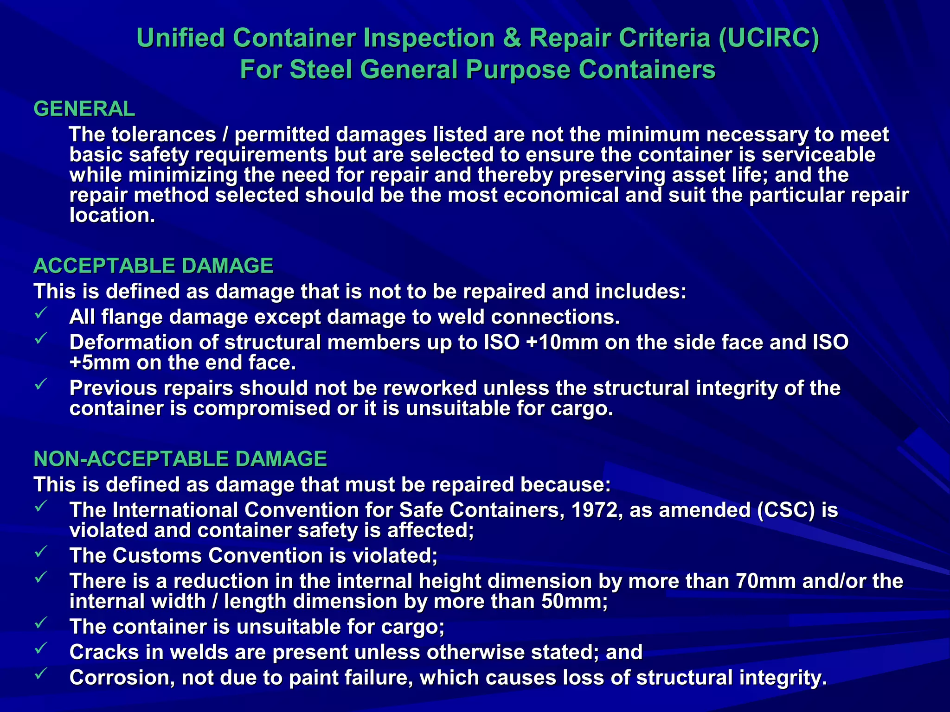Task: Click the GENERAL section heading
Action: pyautogui.click(x=84, y=109)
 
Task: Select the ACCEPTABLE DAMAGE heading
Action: pyautogui.click(x=153, y=266)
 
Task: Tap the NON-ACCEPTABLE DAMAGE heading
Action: pyautogui.click(x=180, y=459)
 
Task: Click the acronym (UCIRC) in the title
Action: pyautogui.click(x=769, y=38)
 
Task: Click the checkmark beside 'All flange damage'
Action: pyautogui.click(x=41, y=313)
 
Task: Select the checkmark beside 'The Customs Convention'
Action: pyautogui.click(x=41, y=552)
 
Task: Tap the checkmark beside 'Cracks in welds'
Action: pyautogui.click(x=41, y=648)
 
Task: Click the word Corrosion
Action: pyautogui.click(x=122, y=678)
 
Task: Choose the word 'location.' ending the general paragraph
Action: pyautogui.click(x=112, y=216)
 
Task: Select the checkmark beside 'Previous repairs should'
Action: pyautogui.click(x=41, y=384)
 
